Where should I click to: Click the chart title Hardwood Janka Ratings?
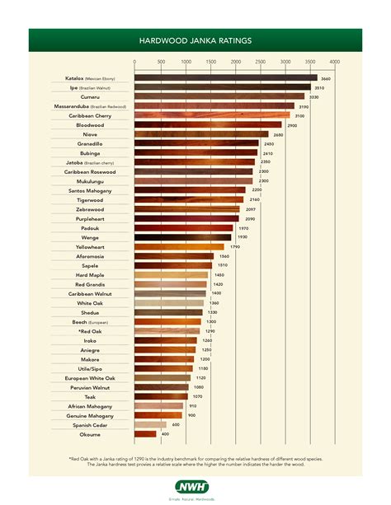195,39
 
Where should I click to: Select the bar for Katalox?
225,79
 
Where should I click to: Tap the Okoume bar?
145,433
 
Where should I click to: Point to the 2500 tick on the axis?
260,62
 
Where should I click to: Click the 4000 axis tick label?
334,62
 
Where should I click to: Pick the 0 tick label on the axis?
134,62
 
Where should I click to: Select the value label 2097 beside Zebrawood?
251,209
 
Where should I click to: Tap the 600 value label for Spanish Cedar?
176,424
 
